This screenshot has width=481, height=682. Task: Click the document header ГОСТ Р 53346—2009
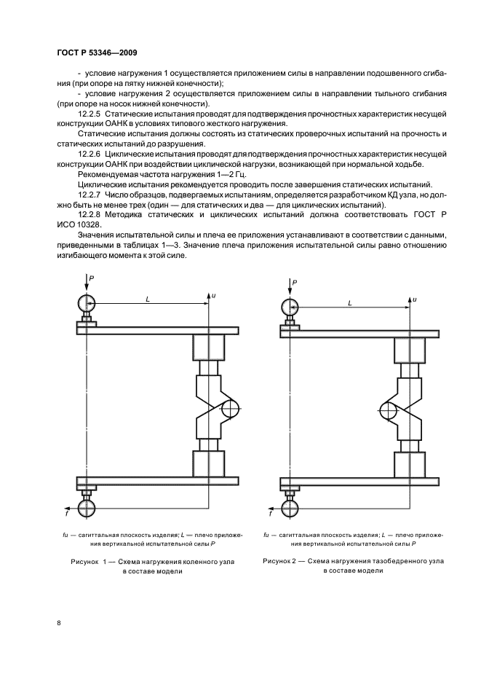click(x=98, y=53)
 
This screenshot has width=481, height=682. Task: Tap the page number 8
click(x=59, y=622)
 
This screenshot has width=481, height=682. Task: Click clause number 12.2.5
click(x=89, y=114)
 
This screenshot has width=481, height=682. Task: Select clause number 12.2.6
click(x=89, y=154)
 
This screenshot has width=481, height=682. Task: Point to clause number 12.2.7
click(x=89, y=195)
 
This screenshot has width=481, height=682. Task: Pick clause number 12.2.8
click(x=89, y=215)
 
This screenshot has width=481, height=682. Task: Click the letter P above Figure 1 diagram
click(x=92, y=277)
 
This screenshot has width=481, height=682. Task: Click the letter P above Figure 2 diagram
click(x=295, y=283)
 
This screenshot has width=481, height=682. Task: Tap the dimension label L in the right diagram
click(x=350, y=304)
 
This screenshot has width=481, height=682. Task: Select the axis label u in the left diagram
click(x=214, y=295)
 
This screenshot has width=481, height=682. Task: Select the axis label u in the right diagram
click(x=415, y=299)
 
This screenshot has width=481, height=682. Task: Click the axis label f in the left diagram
click(x=66, y=513)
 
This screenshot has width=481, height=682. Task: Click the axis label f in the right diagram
click(x=270, y=514)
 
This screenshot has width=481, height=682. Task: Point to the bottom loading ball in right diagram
click(x=290, y=508)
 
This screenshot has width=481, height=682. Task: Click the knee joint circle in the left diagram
click(x=230, y=409)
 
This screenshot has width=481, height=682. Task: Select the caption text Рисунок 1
click(x=88, y=562)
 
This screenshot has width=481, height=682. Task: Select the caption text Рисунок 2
click(x=280, y=561)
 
